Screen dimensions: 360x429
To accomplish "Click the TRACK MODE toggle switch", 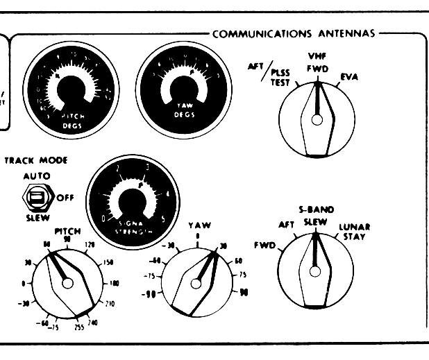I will point(34,197).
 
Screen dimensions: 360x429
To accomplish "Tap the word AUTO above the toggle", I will point(31,177).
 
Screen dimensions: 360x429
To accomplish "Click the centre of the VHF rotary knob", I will point(317,120).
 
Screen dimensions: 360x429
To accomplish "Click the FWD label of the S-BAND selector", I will point(264,245).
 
